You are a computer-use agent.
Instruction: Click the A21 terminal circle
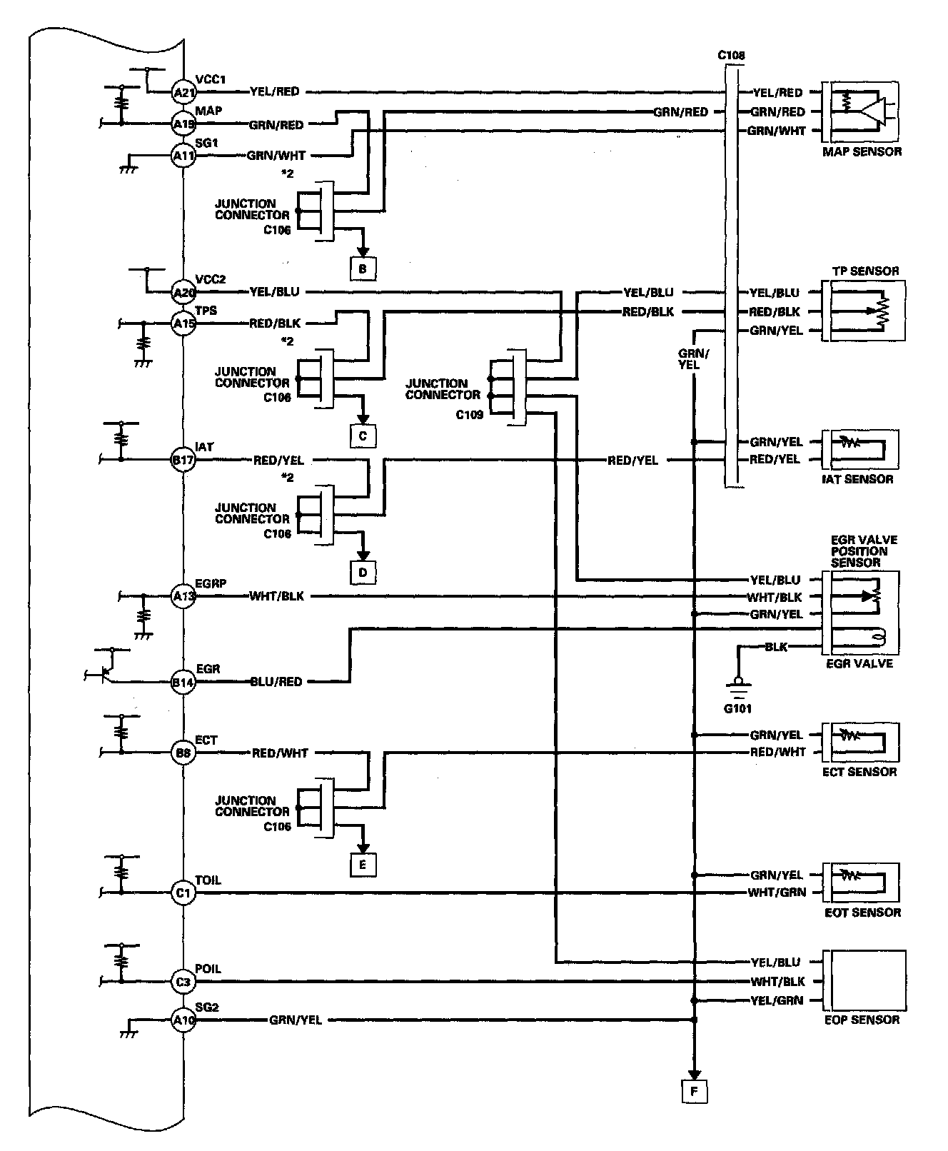coord(183,92)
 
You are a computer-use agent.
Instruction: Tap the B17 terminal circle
coord(183,461)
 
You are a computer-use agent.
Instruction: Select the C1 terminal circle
coord(183,893)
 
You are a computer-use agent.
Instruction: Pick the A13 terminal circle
coord(183,596)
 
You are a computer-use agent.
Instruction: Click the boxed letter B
coord(363,269)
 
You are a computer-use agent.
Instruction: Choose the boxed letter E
coord(363,865)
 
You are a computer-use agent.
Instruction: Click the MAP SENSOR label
coord(862,151)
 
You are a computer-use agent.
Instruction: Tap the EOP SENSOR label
coord(862,1020)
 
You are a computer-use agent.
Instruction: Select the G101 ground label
coord(737,709)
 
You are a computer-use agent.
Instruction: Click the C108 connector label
coord(732,55)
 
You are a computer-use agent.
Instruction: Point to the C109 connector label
coord(470,413)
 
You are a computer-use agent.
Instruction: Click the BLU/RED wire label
coord(276,682)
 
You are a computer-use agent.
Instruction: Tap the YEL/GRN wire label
coord(777,1001)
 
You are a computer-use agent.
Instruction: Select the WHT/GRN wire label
coord(777,893)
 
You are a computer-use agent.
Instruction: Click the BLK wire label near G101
coord(776,647)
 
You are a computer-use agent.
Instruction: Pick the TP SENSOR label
coord(865,271)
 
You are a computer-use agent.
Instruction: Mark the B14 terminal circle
coord(183,682)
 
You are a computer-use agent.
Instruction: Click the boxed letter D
coord(363,572)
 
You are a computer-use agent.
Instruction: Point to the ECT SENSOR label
coord(860,772)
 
